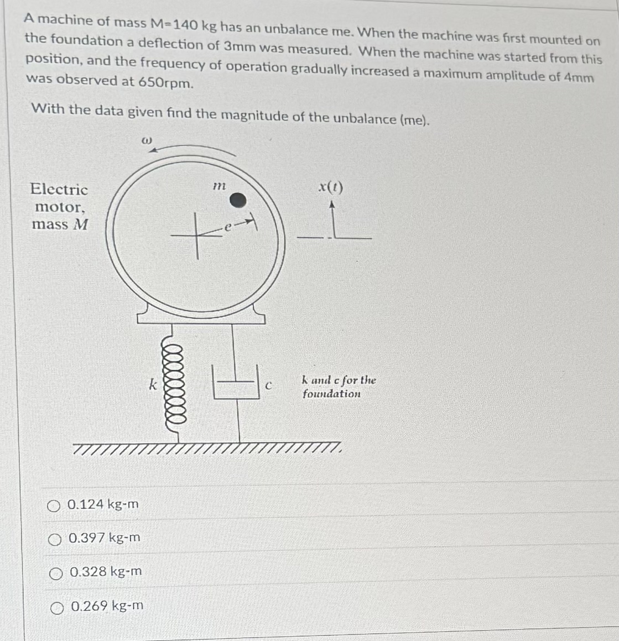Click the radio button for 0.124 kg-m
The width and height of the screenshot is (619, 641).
click(x=53, y=505)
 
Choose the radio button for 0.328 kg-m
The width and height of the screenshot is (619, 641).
click(x=56, y=572)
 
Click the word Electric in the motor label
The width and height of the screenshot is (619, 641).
click(x=59, y=190)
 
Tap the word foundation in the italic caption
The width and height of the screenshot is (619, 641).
click(x=331, y=394)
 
